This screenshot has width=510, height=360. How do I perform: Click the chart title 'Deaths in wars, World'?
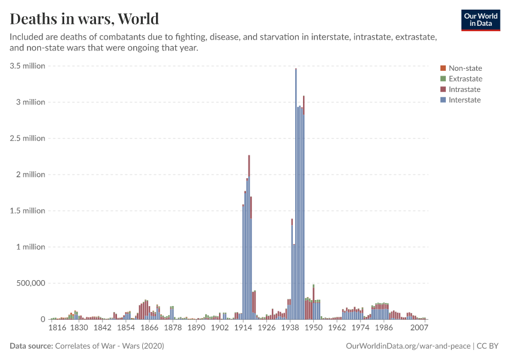pos(85,18)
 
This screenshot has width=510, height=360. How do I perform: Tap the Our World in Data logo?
pos(480,20)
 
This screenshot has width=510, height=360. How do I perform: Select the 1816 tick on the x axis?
pos(57,328)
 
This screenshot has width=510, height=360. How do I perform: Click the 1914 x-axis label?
pos(243,328)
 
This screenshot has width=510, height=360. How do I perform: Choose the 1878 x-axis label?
pos(173,328)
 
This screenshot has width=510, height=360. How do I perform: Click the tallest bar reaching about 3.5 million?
pos(296,192)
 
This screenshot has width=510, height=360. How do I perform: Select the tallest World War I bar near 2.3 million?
pos(249,240)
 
